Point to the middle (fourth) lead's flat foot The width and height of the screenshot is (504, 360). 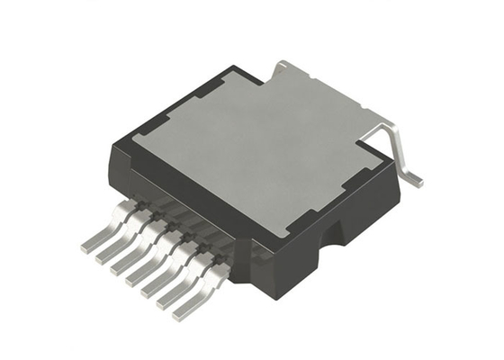pyautogui.click(x=137, y=279)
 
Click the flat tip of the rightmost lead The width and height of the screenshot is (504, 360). pyautogui.click(x=184, y=311)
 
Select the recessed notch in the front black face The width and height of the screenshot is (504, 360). pyautogui.click(x=335, y=236)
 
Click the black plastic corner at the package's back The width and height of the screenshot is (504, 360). pyautogui.click(x=238, y=70)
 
